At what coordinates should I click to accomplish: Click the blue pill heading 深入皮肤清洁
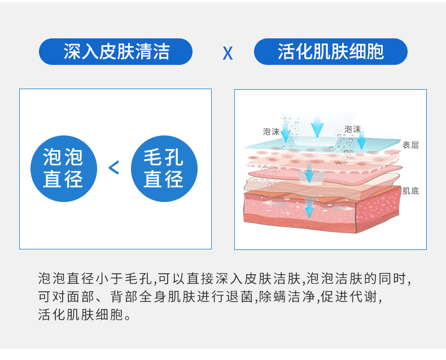point(116,52)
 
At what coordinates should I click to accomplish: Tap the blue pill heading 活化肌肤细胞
point(331,52)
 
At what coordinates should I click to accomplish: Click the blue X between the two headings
point(228,53)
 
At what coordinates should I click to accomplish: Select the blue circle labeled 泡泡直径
point(63,168)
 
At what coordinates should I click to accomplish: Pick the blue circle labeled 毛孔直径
point(164,168)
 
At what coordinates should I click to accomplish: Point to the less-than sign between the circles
point(114,168)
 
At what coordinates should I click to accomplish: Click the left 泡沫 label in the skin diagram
point(271,131)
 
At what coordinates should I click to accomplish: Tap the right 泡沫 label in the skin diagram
point(352,129)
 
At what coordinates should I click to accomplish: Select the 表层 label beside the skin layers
point(410,145)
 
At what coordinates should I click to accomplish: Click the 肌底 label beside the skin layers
point(410,191)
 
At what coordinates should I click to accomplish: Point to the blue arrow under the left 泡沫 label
point(286,134)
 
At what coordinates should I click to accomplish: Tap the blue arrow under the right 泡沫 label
point(361,139)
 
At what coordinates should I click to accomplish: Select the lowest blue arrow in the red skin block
point(309,209)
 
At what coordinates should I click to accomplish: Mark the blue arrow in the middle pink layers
point(309,173)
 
